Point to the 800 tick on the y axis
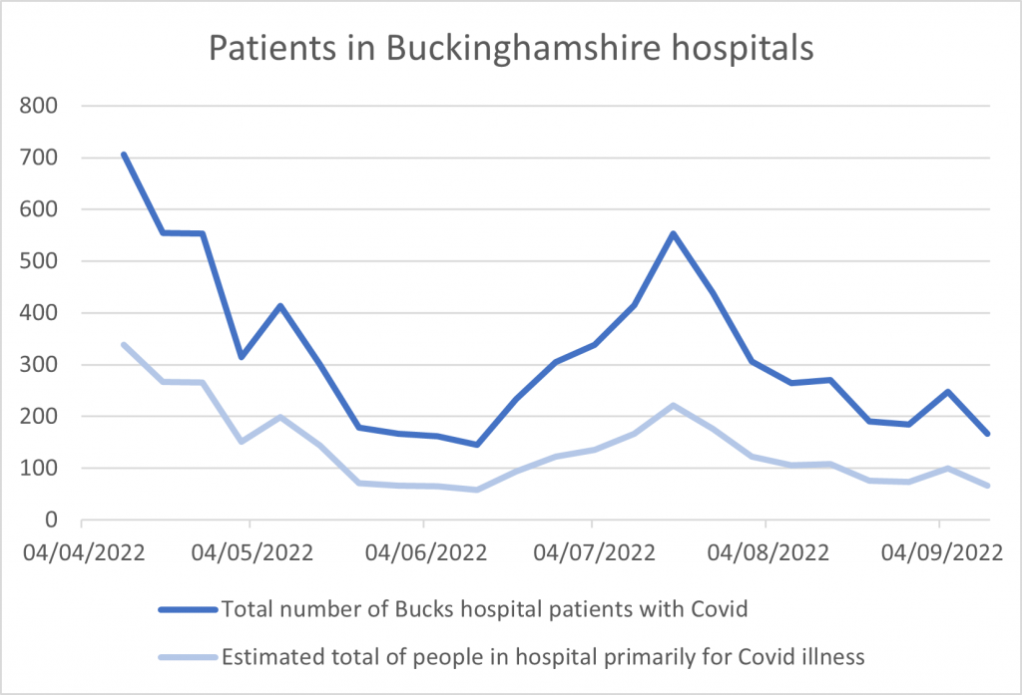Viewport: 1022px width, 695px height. tap(43, 106)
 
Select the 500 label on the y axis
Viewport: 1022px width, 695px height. tap(43, 261)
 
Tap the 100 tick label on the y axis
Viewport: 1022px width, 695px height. tap(43, 468)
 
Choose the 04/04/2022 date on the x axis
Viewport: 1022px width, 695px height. tap(82, 550)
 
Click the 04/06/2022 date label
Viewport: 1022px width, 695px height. tap(424, 550)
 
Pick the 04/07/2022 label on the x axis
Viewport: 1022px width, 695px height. tap(592, 550)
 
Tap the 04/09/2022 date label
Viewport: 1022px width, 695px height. tap(938, 550)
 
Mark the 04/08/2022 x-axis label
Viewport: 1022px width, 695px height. tap(765, 550)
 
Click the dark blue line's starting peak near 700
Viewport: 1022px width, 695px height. tap(123, 155)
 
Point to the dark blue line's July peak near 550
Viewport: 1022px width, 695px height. tap(674, 233)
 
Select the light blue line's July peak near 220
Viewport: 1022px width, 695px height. tap(674, 405)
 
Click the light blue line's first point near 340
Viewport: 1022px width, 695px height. tap(123, 344)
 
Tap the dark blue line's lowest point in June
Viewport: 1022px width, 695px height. tap(477, 445)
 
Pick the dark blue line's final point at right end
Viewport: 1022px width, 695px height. tap(988, 434)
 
